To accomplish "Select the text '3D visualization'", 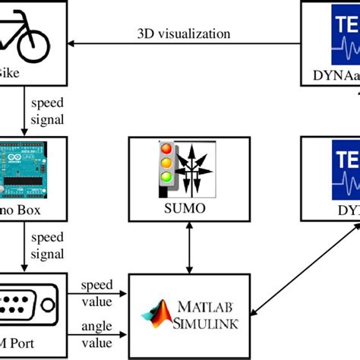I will pos(183,33).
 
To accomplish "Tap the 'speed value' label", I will pos(100,292).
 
